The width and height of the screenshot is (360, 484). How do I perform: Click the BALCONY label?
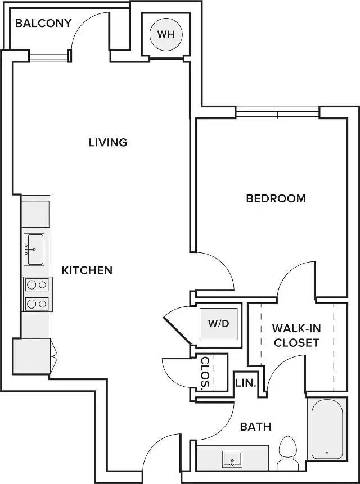pos(43,23)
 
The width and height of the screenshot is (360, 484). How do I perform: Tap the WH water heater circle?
pos(166,34)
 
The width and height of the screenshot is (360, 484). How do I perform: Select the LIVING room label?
pos(108,142)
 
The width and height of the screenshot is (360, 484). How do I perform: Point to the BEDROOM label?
pos(276,198)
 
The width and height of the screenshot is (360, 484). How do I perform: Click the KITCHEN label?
pos(87,270)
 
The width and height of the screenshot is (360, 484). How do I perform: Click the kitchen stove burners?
pos(37,294)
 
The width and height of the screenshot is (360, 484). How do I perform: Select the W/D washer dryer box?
pos(219,324)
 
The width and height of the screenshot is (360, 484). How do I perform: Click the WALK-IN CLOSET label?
pos(295,335)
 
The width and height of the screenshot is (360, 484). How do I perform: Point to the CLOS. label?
pos(205,373)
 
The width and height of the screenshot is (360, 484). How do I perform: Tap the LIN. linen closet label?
pos(246,384)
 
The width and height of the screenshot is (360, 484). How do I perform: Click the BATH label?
pos(256,427)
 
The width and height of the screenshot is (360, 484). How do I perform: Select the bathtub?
pos(327,430)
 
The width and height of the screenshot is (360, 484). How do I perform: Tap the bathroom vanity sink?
pos(231,459)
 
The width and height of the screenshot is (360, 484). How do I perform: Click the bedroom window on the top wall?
pos(277,112)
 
